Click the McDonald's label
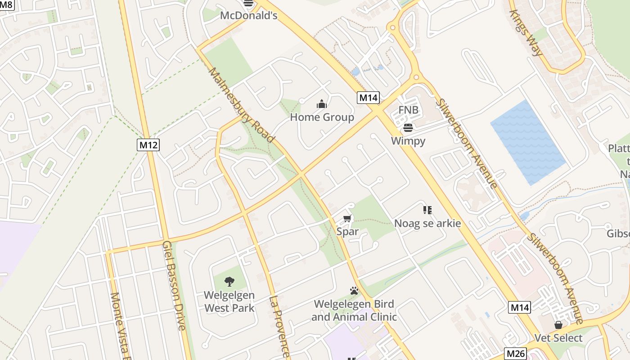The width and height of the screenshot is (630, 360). (248, 15)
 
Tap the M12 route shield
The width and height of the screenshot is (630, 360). (148, 145)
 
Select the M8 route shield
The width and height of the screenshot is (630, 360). (8, 5)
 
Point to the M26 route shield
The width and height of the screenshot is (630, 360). (515, 354)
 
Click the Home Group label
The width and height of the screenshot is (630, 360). (322, 117)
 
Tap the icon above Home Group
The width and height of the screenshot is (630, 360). (321, 104)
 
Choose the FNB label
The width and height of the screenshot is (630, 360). (408, 110)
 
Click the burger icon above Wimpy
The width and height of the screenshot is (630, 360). (408, 128)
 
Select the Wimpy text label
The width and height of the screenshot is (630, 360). (408, 141)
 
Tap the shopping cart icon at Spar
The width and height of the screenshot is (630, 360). (347, 219)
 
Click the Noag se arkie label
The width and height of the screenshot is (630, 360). (427, 223)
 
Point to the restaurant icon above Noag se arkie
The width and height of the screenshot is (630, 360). (427, 210)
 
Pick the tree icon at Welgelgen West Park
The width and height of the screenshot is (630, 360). (229, 282)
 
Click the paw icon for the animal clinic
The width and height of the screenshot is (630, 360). (354, 291)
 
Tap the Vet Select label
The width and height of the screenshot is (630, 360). (558, 338)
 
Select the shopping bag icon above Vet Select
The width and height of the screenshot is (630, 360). (558, 325)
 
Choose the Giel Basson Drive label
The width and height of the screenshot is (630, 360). (174, 286)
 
